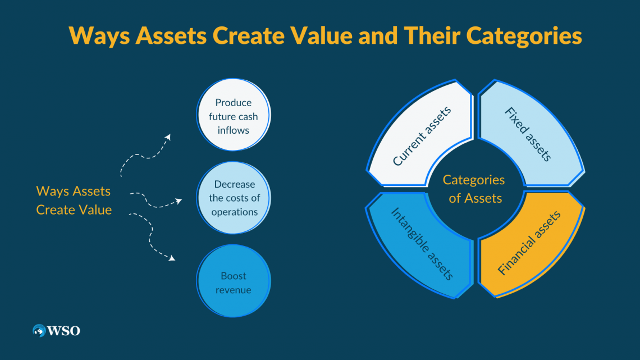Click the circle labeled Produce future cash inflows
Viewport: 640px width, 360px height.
234,116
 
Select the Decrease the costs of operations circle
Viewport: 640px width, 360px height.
234,198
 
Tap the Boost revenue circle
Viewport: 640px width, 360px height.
234,282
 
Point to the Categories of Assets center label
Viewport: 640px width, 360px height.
474,189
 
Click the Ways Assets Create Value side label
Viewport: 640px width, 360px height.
74,200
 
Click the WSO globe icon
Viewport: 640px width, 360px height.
39,331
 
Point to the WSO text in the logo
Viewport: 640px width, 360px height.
64,331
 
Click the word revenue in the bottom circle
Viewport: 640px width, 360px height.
234,290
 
